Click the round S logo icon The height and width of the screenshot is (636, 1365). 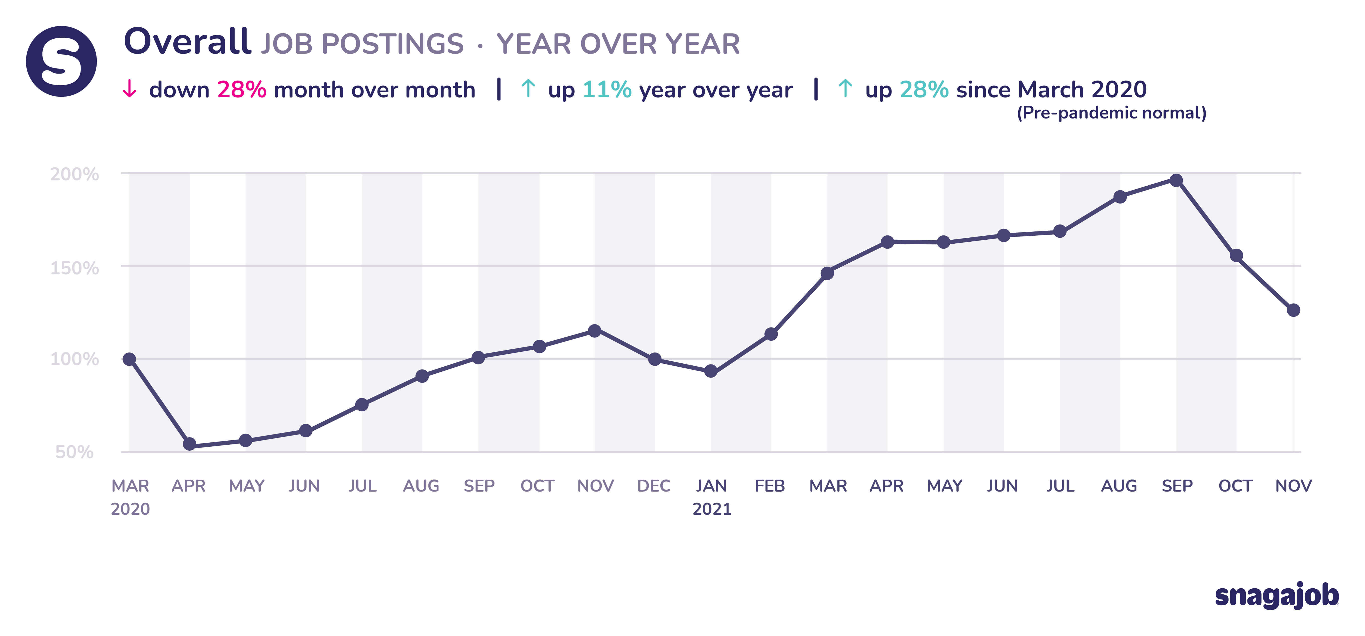[x=61, y=61]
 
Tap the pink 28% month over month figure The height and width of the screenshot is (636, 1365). [x=242, y=90]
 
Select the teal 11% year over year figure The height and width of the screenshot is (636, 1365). [x=607, y=90]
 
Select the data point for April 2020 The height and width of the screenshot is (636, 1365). [x=189, y=444]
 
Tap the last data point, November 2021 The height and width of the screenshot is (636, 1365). [x=1293, y=310]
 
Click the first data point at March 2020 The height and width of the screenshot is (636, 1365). [x=129, y=359]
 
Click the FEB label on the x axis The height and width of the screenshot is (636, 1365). [x=770, y=486]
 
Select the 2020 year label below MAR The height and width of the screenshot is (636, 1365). [x=130, y=509]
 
